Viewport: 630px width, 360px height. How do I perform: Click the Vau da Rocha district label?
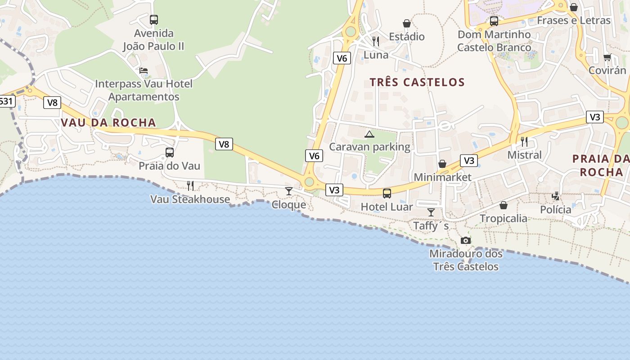click(108, 122)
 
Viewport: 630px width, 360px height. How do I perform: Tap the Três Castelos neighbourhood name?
click(417, 82)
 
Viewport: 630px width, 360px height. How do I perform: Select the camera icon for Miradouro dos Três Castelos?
click(466, 241)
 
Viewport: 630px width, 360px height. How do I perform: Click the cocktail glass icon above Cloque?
click(289, 191)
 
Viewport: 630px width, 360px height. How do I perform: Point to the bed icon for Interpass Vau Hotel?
click(144, 71)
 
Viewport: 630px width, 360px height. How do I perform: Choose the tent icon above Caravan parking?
click(369, 134)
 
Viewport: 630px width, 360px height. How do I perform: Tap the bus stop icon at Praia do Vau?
click(170, 153)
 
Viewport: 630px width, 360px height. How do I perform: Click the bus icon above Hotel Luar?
click(387, 193)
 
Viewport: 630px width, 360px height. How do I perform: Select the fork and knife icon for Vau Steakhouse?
click(190, 185)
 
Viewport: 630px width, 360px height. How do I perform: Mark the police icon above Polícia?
click(556, 196)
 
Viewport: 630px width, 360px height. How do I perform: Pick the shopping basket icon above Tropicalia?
click(504, 205)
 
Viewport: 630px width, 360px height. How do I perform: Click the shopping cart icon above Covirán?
click(607, 57)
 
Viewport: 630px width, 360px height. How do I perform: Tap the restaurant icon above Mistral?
click(524, 142)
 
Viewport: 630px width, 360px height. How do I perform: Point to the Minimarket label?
click(442, 177)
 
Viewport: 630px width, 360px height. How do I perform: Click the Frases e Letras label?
click(574, 20)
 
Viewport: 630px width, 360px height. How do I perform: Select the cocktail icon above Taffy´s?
click(431, 212)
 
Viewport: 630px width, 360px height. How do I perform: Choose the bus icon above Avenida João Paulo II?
click(154, 20)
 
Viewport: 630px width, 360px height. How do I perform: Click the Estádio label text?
click(407, 36)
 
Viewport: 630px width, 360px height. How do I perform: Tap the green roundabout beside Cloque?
click(309, 182)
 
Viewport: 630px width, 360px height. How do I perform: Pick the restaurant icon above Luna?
click(376, 41)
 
